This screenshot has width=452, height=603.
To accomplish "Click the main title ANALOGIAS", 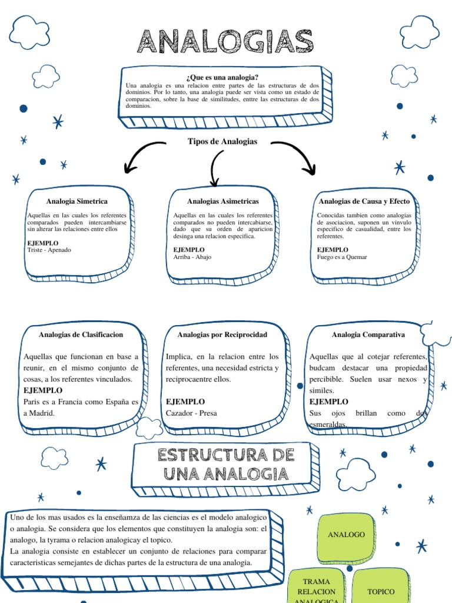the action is pyautogui.click(x=225, y=42).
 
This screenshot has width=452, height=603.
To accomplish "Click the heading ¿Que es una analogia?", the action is pyautogui.click(x=222, y=77).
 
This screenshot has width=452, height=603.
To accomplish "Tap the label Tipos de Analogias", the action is pyautogui.click(x=222, y=141).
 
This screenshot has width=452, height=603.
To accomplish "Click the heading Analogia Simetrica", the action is pyautogui.click(x=77, y=201).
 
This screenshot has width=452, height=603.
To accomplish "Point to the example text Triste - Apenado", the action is pyautogui.click(x=49, y=250).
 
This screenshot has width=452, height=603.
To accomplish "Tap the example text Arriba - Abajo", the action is pyautogui.click(x=192, y=257).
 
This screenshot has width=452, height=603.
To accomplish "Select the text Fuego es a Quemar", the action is pyautogui.click(x=342, y=257).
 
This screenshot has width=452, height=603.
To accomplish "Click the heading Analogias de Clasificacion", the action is pyautogui.click(x=81, y=334).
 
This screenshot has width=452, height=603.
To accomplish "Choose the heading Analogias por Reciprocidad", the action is pyautogui.click(x=222, y=334).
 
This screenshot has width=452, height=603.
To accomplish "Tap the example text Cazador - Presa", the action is pyautogui.click(x=191, y=413).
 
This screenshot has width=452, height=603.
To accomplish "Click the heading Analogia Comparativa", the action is pyautogui.click(x=368, y=334).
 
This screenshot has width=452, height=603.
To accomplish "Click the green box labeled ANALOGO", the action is pyautogui.click(x=346, y=535).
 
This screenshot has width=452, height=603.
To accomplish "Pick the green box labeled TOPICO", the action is pyautogui.click(x=381, y=590).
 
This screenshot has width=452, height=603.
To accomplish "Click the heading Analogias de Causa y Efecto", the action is pyautogui.click(x=364, y=201).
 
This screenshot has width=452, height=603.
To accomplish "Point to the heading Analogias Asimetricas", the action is pyautogui.click(x=222, y=201).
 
